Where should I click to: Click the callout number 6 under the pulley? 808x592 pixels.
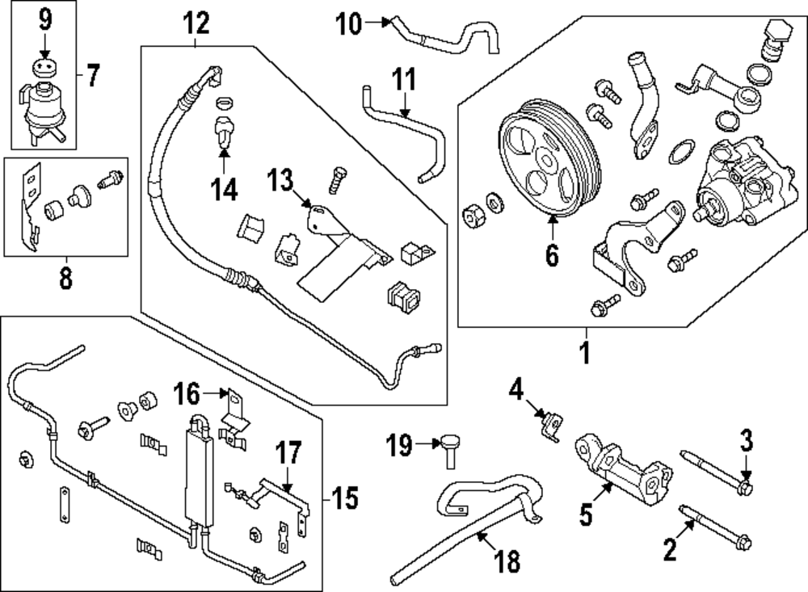(552, 255)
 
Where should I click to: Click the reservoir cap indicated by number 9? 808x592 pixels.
(44, 67)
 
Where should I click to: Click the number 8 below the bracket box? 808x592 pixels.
(65, 279)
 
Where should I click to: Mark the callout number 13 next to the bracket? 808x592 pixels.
(280, 182)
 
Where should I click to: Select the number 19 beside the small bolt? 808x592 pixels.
(401, 443)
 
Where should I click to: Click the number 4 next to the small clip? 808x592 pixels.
(516, 392)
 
